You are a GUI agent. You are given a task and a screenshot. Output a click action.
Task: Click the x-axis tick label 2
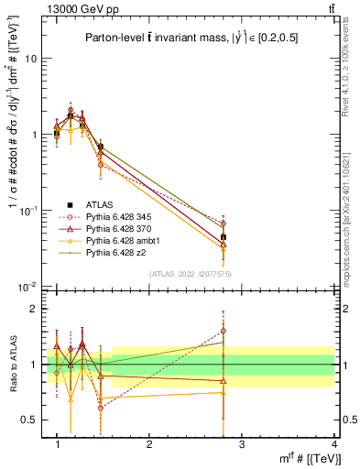click(x=149, y=444)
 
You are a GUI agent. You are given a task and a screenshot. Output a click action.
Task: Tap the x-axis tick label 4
click(x=333, y=444)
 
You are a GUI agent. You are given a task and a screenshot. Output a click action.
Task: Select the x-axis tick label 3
click(x=242, y=444)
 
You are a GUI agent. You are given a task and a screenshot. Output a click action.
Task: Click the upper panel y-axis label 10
click(x=30, y=58)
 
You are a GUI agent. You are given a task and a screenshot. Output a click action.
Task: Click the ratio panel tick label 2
click(x=34, y=309)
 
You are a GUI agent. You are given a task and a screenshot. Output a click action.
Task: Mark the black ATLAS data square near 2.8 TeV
click(x=224, y=237)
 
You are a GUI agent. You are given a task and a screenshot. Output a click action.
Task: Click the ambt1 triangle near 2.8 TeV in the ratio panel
click(x=224, y=393)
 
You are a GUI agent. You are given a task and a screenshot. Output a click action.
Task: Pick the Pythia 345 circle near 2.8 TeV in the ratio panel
click(x=224, y=331)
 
